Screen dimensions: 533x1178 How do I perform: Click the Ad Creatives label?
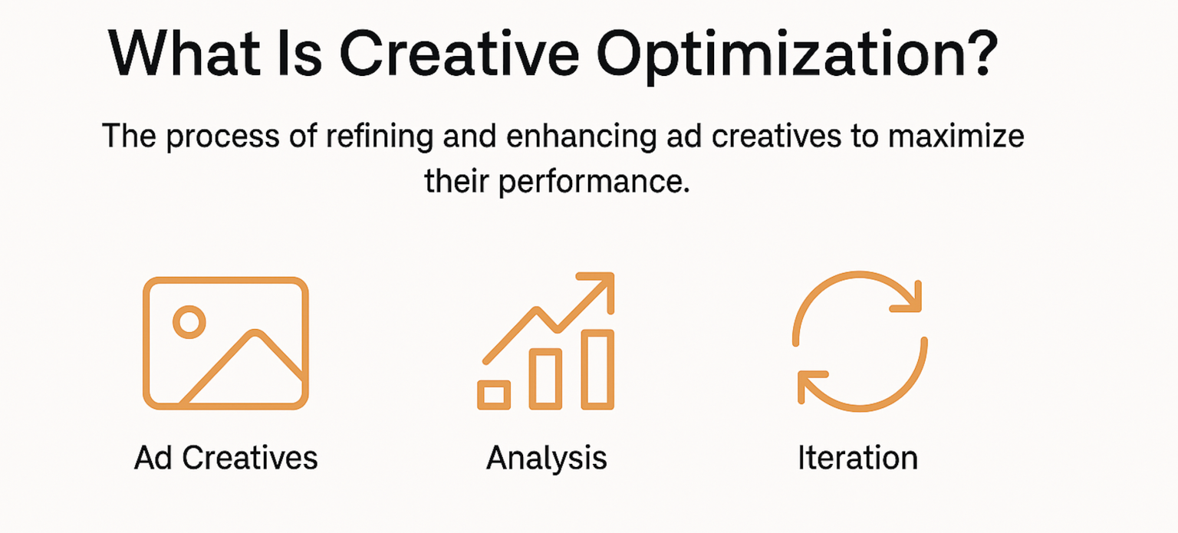225,458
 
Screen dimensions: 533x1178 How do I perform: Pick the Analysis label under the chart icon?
547,458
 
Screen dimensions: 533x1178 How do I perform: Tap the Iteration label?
857,458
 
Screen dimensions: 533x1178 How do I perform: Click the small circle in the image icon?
189,322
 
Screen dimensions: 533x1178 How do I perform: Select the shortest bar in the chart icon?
494,394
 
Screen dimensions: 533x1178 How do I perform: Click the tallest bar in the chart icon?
599,369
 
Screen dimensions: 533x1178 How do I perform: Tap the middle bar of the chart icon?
546,377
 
